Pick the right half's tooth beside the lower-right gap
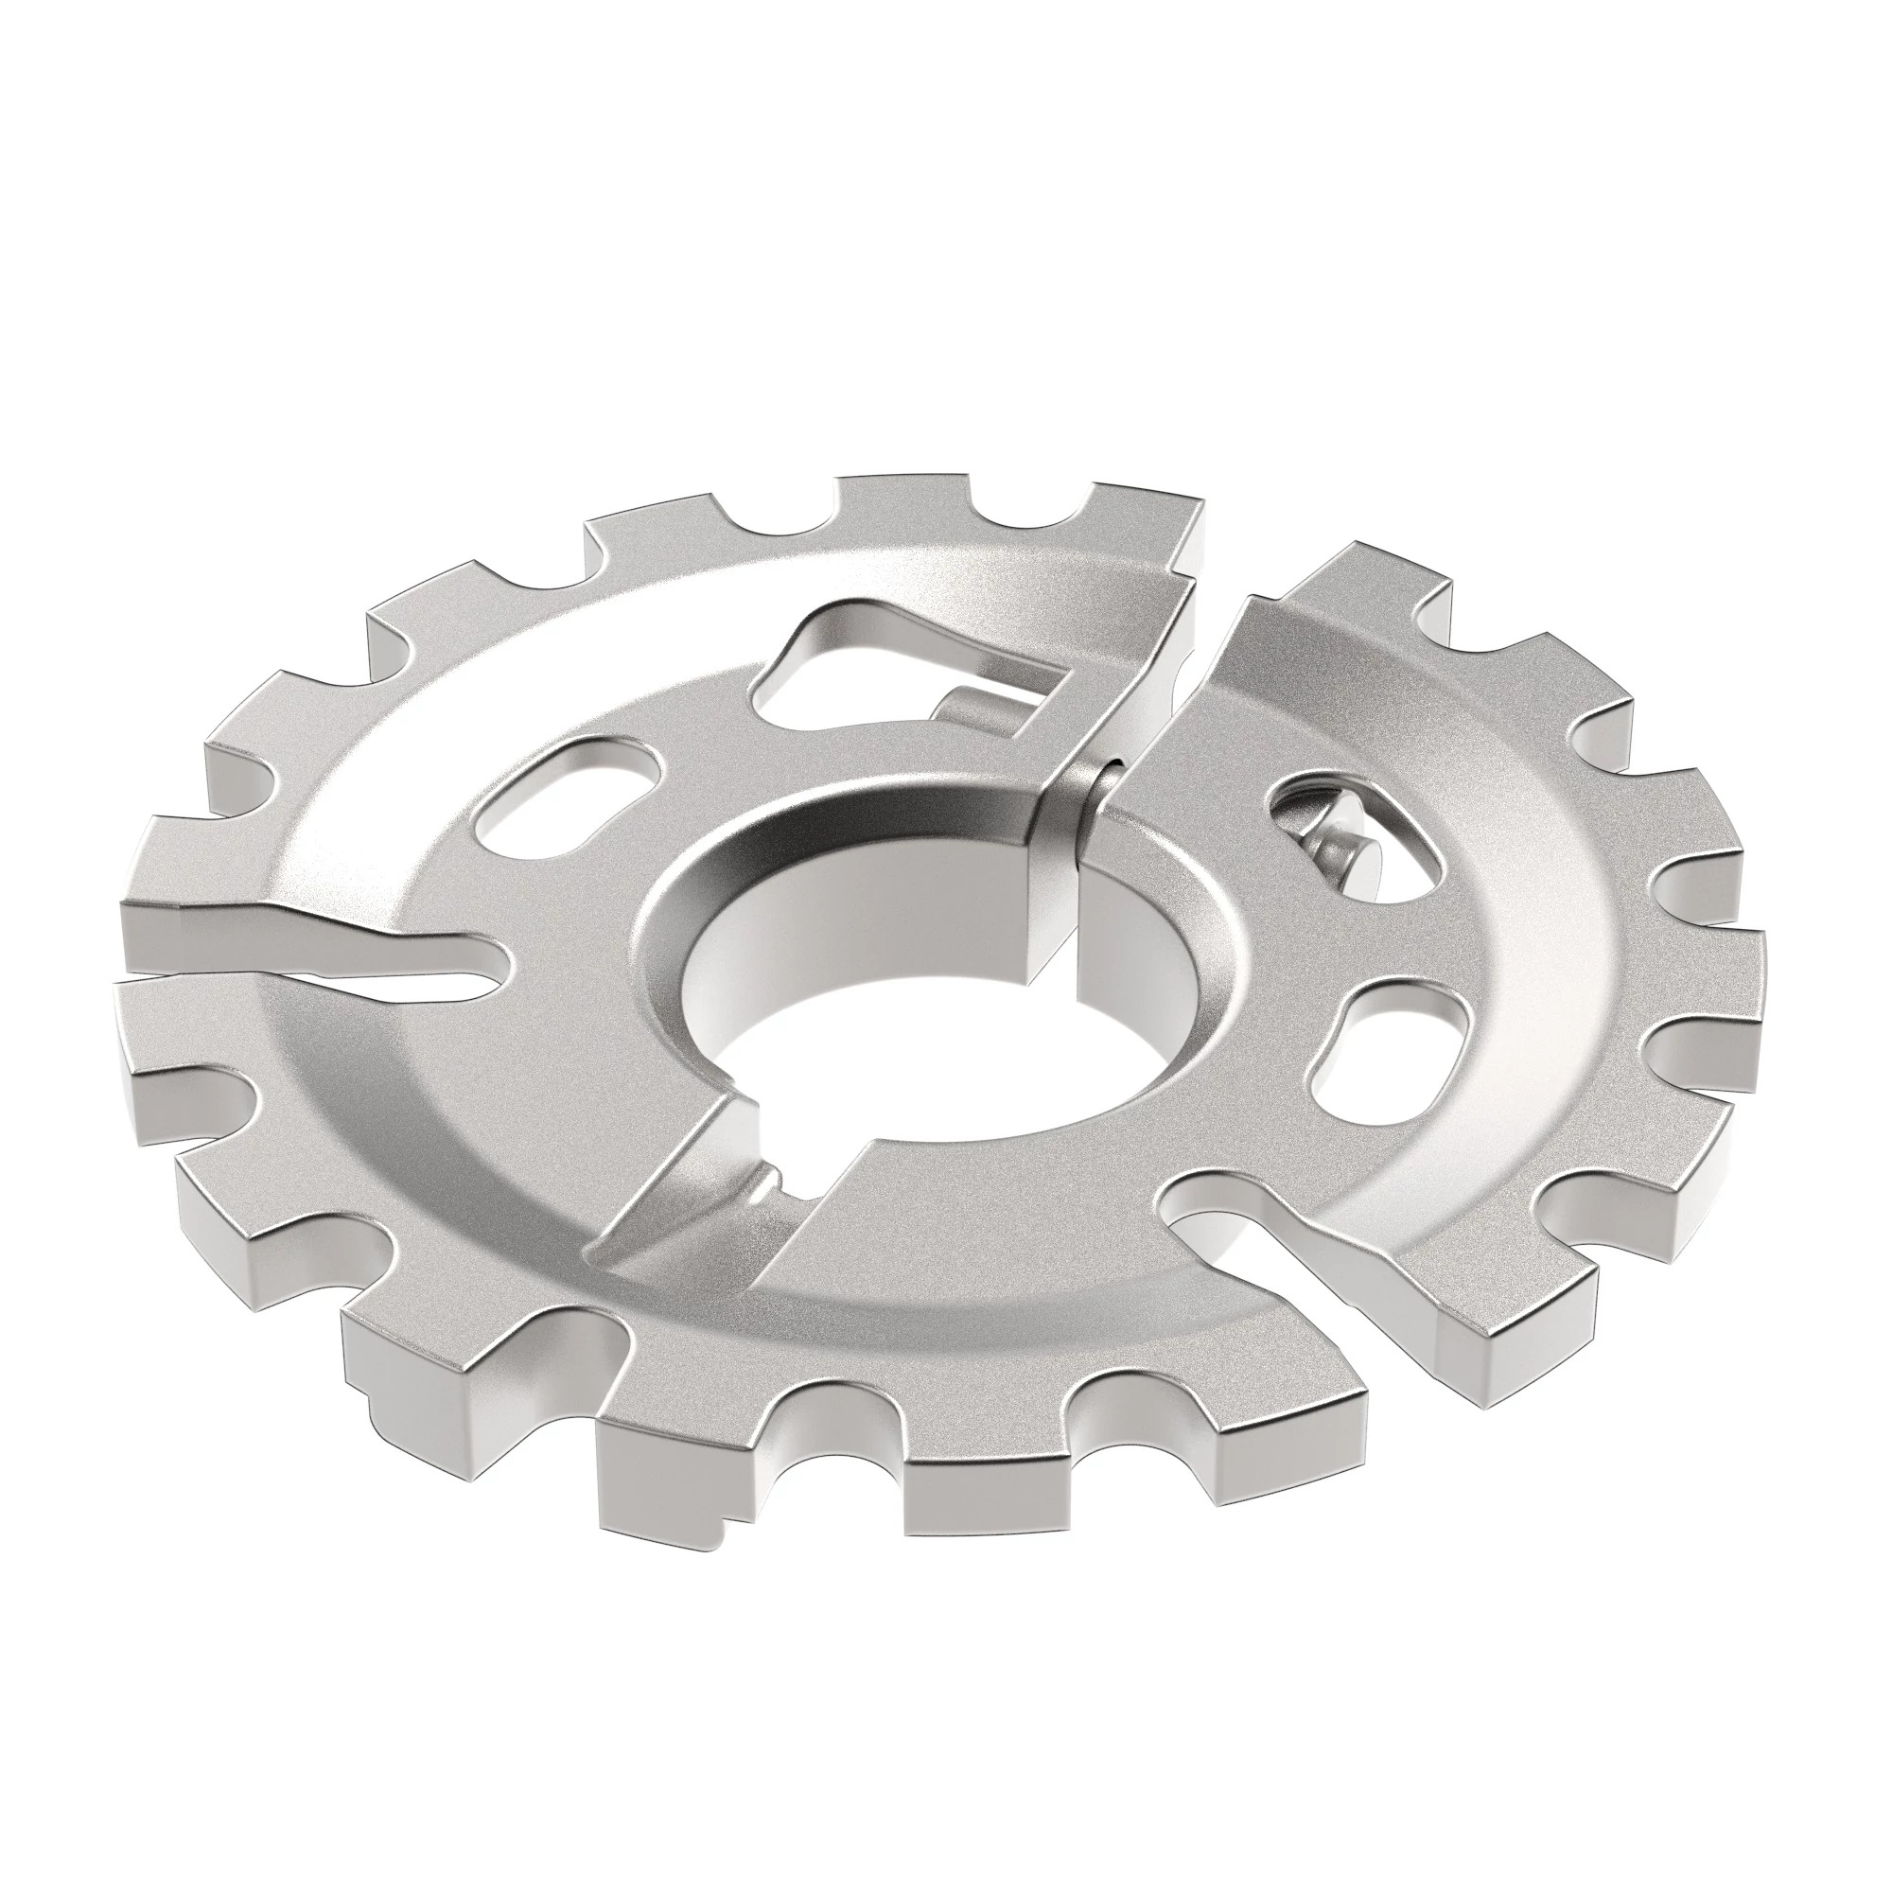pos(1488,1341)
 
